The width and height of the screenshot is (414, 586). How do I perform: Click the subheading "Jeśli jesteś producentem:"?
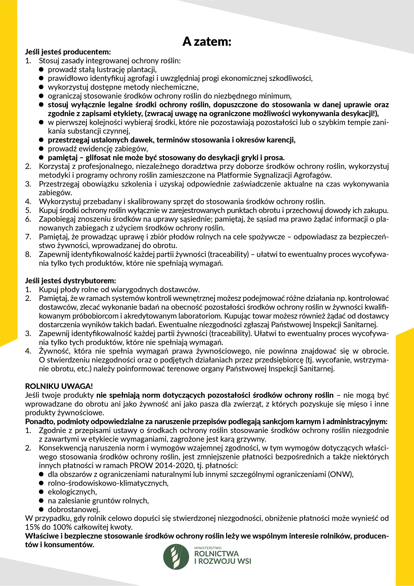[x=68, y=52]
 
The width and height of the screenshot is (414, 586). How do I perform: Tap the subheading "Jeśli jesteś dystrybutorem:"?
[x=70, y=281]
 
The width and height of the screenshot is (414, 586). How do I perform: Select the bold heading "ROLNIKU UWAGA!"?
[x=59, y=386]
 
